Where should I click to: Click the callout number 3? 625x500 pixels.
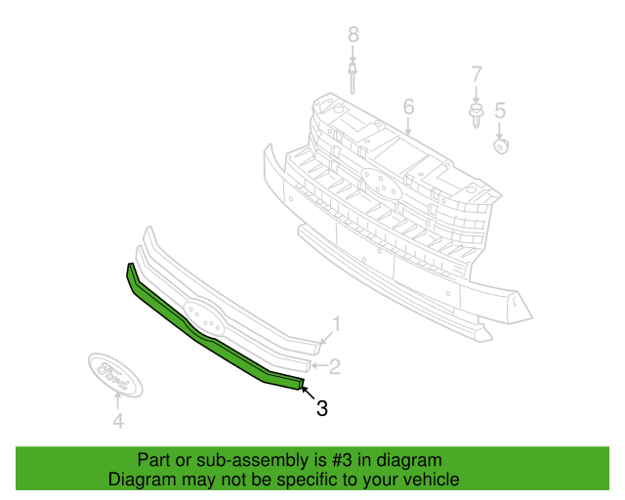321,408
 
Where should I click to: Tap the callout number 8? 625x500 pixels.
354,35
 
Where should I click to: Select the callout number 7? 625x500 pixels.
477,74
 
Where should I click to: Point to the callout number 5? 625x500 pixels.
500,111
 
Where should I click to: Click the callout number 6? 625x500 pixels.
408,106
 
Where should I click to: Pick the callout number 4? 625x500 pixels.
118,421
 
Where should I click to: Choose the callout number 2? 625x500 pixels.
334,366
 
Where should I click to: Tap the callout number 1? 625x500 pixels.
336,324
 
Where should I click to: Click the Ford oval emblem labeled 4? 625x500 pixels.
115,375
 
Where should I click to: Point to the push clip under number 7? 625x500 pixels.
476,115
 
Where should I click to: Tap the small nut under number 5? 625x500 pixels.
501,146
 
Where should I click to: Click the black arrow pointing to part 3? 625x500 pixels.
309,393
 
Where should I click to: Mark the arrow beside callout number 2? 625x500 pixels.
319,365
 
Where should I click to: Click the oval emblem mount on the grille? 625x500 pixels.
380,184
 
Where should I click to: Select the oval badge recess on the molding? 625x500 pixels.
203,317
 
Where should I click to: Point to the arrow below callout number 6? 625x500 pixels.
408,126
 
